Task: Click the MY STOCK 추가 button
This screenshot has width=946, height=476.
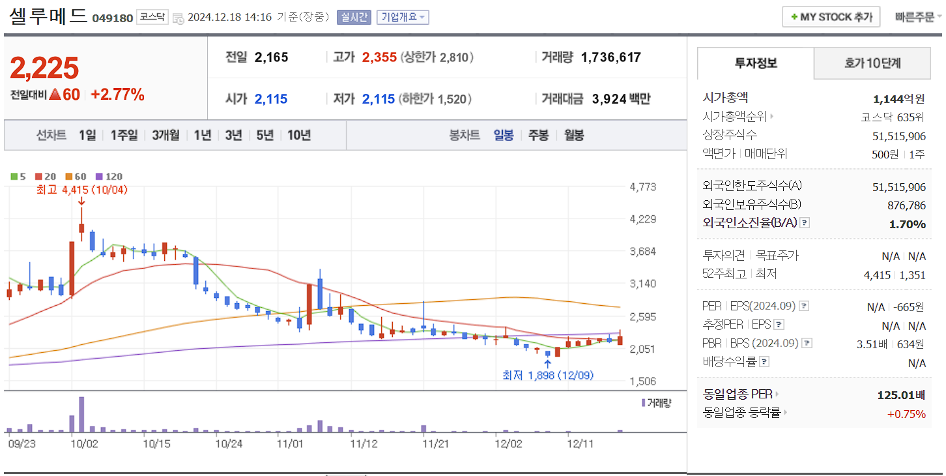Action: [831, 17]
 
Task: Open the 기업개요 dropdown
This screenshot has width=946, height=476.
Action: [403, 17]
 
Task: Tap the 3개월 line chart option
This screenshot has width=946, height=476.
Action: [165, 135]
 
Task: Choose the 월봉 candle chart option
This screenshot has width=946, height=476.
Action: [573, 135]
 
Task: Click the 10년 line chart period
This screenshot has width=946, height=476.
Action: [298, 135]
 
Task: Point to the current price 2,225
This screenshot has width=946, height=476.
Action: [44, 68]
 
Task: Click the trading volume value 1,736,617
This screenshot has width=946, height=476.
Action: [610, 57]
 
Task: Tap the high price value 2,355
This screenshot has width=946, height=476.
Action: [379, 57]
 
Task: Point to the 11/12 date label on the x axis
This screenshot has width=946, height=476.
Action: [364, 444]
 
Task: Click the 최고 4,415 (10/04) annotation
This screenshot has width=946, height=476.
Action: [82, 190]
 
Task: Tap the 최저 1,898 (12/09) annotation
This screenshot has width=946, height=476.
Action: [547, 376]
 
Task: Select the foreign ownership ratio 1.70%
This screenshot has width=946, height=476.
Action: [907, 224]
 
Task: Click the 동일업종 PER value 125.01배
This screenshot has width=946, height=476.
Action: [901, 395]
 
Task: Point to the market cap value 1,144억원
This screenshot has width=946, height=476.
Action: [898, 99]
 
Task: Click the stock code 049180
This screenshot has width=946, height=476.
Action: [112, 18]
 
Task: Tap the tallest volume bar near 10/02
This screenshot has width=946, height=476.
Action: [81, 415]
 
